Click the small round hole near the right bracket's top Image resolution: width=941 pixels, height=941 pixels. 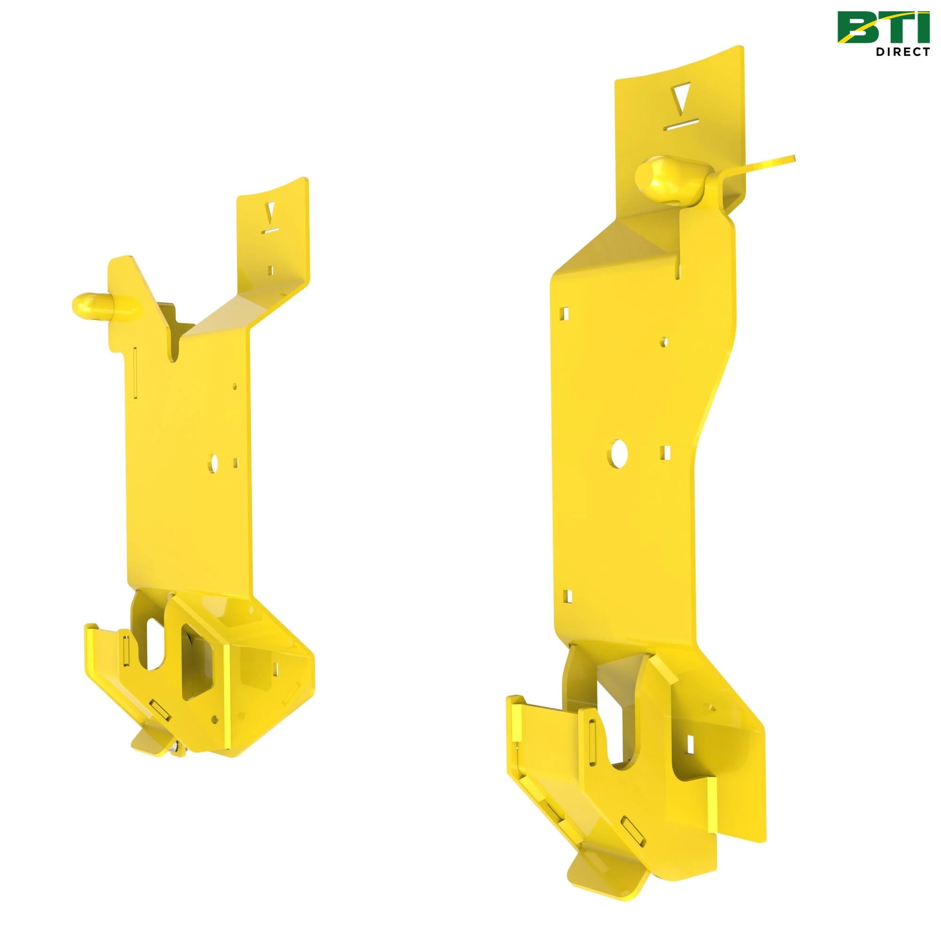pyautogui.click(x=663, y=342)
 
